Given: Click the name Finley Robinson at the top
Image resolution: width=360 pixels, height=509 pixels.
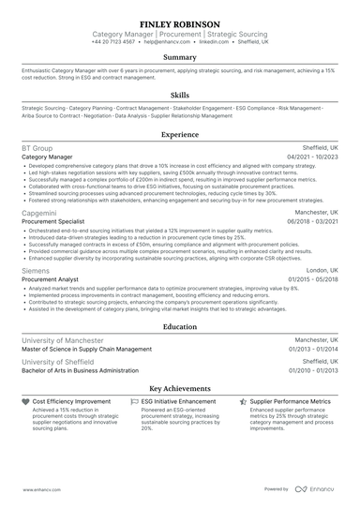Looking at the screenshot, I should (179, 22).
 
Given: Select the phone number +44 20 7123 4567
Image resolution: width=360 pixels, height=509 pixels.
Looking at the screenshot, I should (113, 42).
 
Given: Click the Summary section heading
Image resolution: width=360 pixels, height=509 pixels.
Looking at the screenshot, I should (179, 57).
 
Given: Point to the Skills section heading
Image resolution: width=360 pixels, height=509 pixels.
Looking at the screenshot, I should (179, 95).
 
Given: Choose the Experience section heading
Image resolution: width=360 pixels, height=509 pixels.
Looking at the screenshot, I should (179, 134).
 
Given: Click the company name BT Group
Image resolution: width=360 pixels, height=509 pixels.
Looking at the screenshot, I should (37, 149).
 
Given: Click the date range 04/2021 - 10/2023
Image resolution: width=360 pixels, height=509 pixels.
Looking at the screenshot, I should (310, 157).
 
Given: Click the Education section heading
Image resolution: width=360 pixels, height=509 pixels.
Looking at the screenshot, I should (179, 326).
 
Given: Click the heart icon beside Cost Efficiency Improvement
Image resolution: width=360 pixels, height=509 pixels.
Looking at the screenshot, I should (24, 400).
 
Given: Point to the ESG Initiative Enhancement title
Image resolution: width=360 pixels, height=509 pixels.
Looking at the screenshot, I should (184, 400).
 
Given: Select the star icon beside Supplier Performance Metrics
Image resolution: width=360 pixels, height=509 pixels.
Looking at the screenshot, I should (242, 400).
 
